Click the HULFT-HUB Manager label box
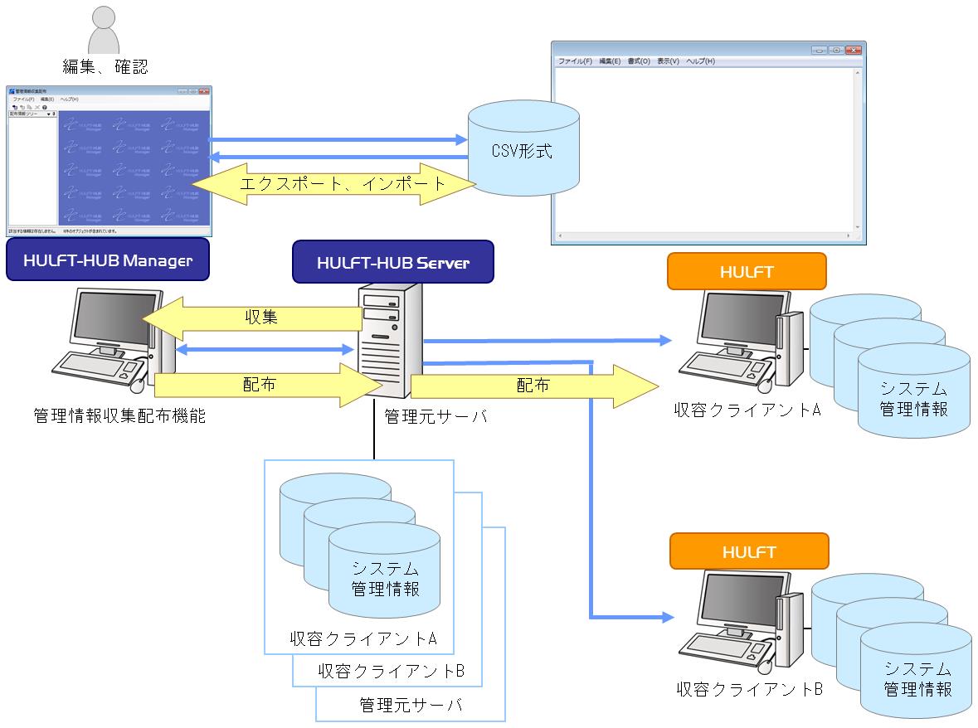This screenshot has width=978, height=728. pos(108,260)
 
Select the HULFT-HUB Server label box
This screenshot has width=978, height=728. pos(393,263)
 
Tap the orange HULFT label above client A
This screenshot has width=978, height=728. pos(747,271)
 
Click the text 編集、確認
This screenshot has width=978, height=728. pos(105,66)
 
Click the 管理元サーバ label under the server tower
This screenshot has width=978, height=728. pos(435,416)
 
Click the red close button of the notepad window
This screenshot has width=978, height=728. pos(853,51)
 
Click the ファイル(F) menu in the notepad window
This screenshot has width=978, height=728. pos(575,61)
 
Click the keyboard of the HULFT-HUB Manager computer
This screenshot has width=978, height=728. pos(100,367)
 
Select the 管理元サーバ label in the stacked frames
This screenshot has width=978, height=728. pos(411,706)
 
